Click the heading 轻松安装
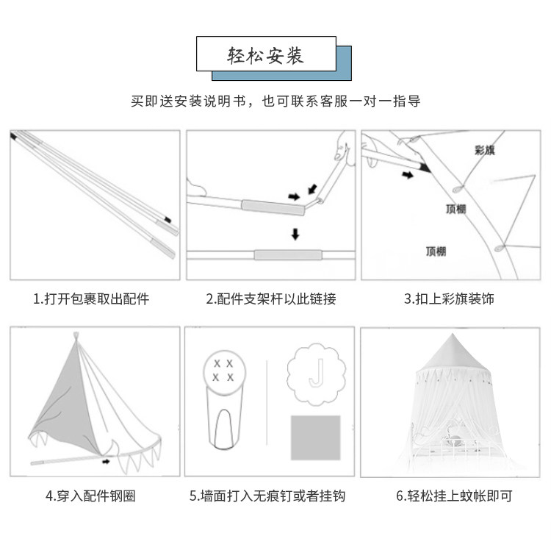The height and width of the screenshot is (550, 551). tap(266, 55)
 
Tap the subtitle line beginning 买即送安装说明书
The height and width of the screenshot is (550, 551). tap(275, 101)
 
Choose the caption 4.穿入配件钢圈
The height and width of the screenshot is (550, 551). tap(91, 496)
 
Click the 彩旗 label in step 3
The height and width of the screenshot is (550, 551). tap(484, 151)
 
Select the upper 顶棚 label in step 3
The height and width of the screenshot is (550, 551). tap(455, 209)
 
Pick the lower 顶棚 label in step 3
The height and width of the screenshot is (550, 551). tap(436, 251)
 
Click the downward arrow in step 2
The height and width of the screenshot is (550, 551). tap(295, 235)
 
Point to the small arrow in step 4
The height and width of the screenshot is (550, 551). tap(108, 462)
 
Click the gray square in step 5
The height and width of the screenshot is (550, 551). tap(315, 438)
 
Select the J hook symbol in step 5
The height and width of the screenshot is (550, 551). tap(315, 373)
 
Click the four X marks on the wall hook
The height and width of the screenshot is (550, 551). tap(223, 370)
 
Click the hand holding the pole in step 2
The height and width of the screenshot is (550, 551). tap(338, 151)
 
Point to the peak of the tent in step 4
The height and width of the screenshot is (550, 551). tap(76, 337)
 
